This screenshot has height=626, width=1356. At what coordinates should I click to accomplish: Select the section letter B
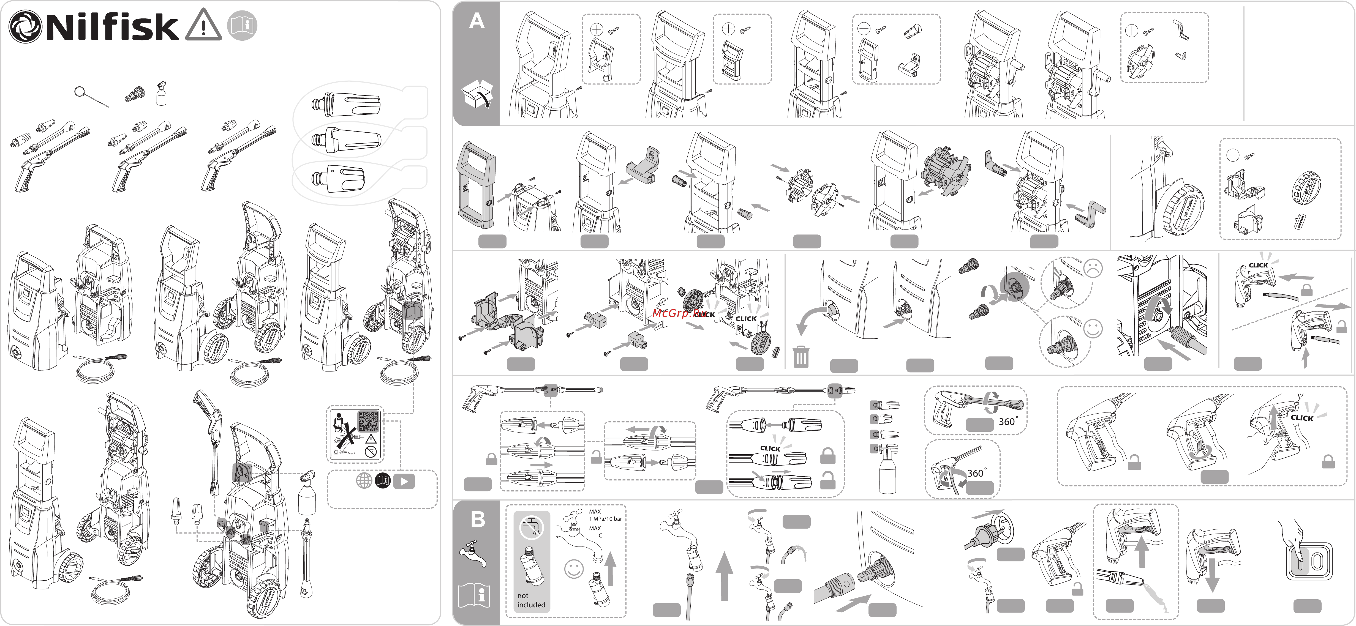(477, 519)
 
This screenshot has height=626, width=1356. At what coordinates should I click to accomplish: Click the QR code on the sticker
(368, 421)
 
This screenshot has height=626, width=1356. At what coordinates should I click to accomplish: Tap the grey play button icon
(404, 481)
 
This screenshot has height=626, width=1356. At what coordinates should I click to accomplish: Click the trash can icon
(801, 357)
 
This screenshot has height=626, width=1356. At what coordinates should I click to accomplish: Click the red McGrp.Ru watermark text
(679, 313)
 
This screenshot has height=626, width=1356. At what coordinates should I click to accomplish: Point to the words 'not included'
(531, 600)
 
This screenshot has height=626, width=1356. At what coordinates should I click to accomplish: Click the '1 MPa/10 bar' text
(605, 519)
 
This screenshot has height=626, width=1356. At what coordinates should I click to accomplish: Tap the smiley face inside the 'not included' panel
(574, 569)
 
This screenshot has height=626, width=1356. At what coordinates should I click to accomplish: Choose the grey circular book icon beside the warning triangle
(242, 25)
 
